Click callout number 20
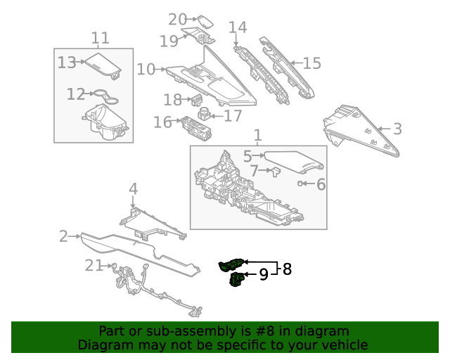(x=177, y=20)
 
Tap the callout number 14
(x=238, y=27)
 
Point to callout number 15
(x=311, y=63)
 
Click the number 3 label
(x=397, y=129)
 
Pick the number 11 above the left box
(x=101, y=37)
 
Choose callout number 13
(x=67, y=63)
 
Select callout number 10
(x=146, y=69)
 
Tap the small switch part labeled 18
(x=197, y=100)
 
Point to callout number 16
(x=162, y=122)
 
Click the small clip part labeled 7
(x=274, y=170)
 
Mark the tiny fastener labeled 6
(x=301, y=184)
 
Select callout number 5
(x=247, y=155)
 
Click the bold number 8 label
(x=287, y=269)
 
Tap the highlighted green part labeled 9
(x=238, y=281)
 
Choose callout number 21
(x=94, y=265)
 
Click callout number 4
(x=133, y=188)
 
